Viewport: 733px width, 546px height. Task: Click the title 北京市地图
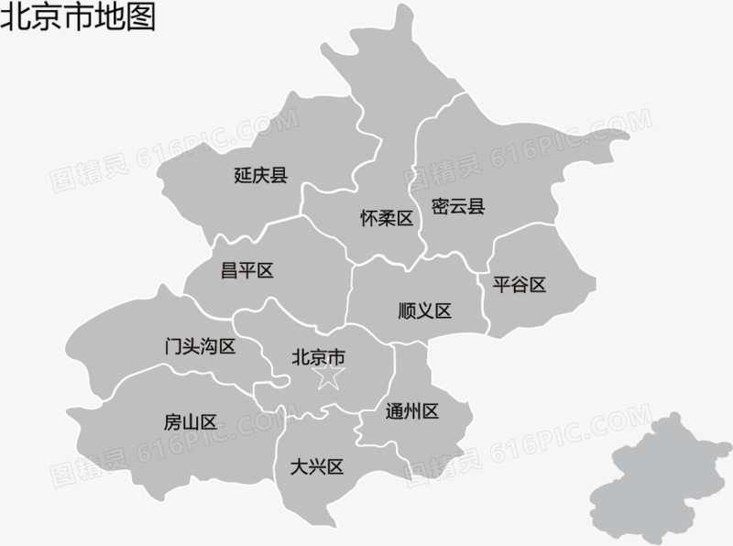(78, 16)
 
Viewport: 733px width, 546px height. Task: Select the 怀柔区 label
(387, 219)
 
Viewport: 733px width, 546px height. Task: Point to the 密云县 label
(457, 206)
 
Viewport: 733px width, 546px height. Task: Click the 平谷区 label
(520, 285)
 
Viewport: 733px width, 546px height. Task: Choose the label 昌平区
(247, 270)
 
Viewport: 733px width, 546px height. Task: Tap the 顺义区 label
(425, 311)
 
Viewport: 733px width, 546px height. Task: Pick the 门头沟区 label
(200, 346)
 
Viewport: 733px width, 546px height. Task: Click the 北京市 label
(318, 355)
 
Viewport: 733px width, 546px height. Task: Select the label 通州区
(412, 411)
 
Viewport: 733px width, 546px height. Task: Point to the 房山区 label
(191, 422)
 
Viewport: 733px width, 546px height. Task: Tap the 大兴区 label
(316, 467)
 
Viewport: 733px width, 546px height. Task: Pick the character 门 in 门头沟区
(173, 346)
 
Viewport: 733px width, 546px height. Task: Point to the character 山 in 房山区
(191, 422)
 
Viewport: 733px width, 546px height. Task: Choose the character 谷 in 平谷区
(520, 285)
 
